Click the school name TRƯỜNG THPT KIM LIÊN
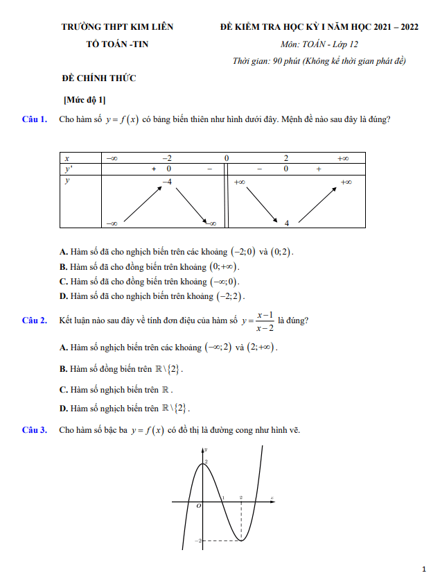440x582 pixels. pos(117,27)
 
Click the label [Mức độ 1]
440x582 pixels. pos(84,100)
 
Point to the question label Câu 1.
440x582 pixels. pos(35,119)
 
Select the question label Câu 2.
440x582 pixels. pos(35,320)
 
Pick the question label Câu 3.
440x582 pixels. pos(35,430)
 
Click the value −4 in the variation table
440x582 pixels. pos(166,181)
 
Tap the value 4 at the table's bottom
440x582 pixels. pos(286,223)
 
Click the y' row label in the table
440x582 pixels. pos(68,169)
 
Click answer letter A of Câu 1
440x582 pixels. pos(63,252)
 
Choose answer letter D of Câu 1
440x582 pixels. pos(63,296)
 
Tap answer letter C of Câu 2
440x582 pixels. pos(63,389)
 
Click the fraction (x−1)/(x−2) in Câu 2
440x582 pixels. pos(264,320)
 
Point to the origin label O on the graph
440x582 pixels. pos(198,507)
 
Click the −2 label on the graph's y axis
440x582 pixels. pos(197,540)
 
